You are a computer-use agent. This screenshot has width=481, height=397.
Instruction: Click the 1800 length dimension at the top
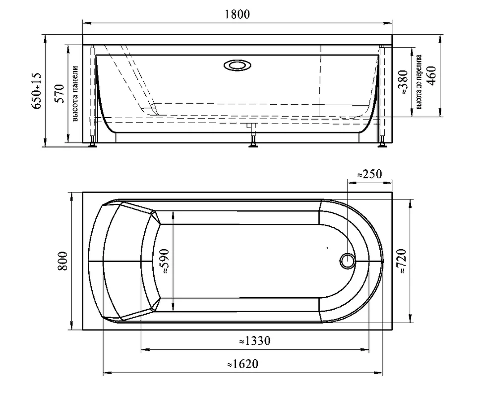pos(238,14)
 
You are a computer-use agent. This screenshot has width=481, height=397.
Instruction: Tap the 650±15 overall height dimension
pos(37,91)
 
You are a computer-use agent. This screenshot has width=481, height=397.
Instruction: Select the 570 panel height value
pos(59,93)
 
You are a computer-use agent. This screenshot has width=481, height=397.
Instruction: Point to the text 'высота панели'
pos(75,94)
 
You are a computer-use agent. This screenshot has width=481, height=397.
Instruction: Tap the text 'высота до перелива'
pos(419,82)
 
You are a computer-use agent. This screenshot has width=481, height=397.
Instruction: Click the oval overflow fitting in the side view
pos(238,65)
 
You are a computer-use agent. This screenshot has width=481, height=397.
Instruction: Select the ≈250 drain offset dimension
pos(369,174)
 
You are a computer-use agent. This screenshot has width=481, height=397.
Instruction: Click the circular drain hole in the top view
pos(347,261)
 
